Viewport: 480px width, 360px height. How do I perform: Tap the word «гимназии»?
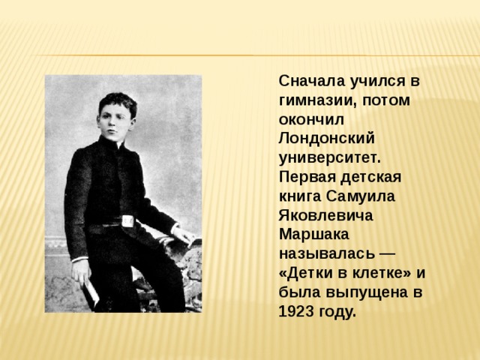coord(317,100)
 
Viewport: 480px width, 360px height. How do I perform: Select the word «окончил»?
coord(311,120)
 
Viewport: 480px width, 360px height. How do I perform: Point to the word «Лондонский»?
coord(327,139)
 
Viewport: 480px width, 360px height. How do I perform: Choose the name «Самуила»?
coord(361,196)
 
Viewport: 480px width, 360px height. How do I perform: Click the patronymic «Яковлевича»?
coord(325,215)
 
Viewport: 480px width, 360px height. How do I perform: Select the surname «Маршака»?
coord(313,235)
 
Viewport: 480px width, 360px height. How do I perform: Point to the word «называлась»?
coord(327,253)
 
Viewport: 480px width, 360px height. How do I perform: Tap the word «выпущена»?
coord(367,292)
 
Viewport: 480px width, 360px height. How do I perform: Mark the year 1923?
coord(296,311)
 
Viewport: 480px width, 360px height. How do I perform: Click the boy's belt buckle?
coord(127,221)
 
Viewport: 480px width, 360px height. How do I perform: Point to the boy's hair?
coord(118,102)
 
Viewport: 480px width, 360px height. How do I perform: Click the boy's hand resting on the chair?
coord(184,235)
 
